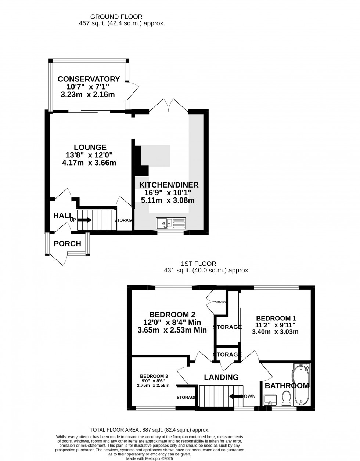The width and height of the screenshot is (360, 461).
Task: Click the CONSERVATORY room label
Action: click(89, 79)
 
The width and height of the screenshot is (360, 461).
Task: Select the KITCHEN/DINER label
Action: click(169, 185)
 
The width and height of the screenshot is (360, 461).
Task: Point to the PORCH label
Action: click(67, 244)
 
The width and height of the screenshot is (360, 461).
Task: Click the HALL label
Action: click(63, 215)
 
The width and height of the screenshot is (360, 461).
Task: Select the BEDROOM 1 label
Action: click(276, 318)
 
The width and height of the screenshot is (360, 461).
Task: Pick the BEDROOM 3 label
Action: click(154, 376)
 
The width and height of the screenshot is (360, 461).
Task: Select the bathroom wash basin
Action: click(270, 399)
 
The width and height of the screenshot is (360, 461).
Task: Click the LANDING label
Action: click(221, 377)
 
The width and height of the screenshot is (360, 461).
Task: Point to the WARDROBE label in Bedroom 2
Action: click(220, 302)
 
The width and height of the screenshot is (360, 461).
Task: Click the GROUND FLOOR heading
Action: click(116, 17)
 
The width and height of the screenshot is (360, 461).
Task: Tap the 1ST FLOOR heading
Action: click(198, 264)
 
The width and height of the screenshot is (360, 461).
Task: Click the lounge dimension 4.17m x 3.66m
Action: click(89, 163)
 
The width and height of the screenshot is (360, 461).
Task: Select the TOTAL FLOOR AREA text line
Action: click(150, 430)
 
